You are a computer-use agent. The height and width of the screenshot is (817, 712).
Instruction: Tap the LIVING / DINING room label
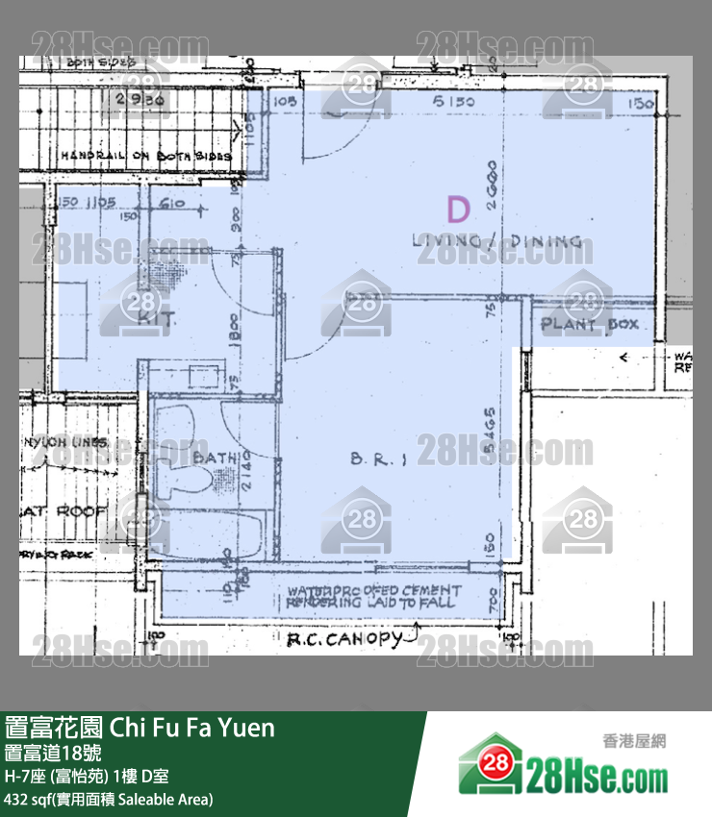click(x=496, y=241)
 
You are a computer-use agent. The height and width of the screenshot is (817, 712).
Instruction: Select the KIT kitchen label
click(x=155, y=320)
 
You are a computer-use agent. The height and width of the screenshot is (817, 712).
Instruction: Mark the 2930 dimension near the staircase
click(x=147, y=99)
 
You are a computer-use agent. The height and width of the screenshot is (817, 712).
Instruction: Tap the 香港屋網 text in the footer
click(x=633, y=740)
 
